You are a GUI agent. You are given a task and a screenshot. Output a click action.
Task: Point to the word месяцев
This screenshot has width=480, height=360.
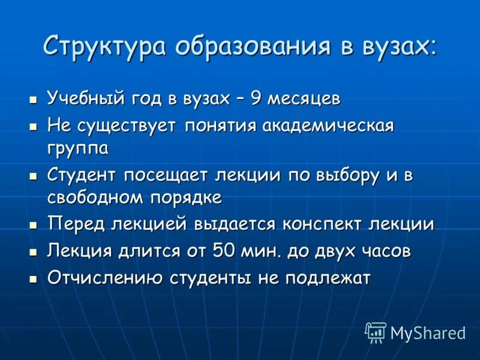click(306, 98)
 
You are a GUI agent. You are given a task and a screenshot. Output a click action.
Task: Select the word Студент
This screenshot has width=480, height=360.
click(83, 176)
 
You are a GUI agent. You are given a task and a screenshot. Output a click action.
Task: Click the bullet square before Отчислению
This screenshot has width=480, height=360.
click(34, 278)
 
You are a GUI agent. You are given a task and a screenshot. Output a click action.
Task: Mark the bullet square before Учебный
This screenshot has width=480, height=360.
click(34, 98)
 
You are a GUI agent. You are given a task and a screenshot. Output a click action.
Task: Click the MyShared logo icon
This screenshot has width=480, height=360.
click(376, 332)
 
